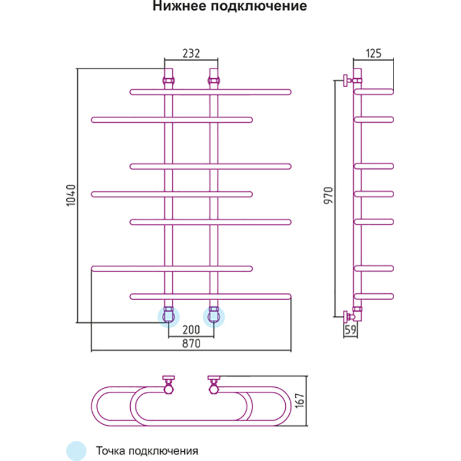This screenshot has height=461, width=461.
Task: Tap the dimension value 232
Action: point(191,54)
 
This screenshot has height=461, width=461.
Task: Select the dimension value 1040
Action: point(71,196)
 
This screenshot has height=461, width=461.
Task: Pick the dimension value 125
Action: point(374,54)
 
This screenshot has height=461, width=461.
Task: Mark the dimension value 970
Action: point(327,199)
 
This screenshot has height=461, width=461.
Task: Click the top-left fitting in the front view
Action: point(169,75)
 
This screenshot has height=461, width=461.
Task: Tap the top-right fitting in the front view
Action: point(214,75)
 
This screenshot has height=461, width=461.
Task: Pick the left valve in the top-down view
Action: point(169,384)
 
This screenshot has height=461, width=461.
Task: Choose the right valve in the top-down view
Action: point(214,384)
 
